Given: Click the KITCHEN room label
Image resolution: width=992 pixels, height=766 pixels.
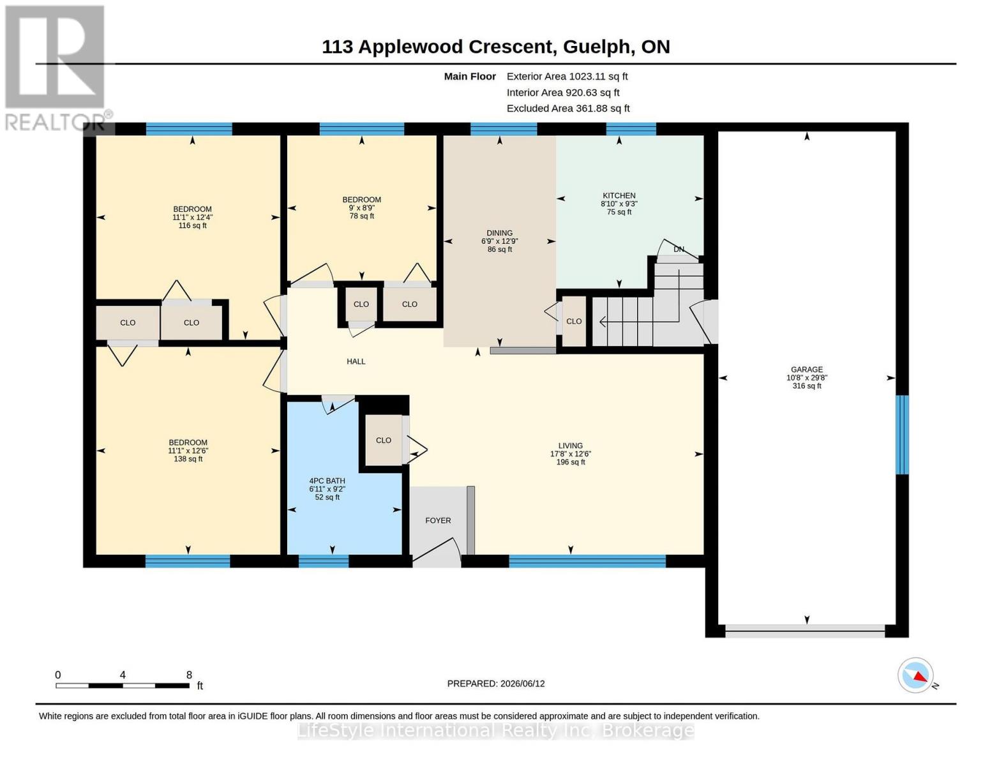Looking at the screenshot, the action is click(x=619, y=195).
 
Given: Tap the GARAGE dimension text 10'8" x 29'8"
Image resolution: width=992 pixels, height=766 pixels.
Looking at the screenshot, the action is click(x=807, y=377).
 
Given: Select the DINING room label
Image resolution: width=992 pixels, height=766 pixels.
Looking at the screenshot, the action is click(x=499, y=233).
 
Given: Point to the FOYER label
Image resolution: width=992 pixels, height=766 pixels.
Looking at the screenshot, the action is click(x=438, y=520).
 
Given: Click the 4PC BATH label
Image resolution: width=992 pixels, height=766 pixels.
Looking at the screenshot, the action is click(x=327, y=481).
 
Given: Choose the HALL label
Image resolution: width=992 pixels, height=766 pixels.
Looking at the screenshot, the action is click(x=356, y=361).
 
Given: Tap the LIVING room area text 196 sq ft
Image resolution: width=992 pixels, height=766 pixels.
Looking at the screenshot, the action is click(x=571, y=462).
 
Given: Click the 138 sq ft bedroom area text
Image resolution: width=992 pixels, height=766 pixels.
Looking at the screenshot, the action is click(x=188, y=459).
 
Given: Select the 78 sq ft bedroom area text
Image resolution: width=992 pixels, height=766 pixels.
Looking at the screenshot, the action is click(x=361, y=216).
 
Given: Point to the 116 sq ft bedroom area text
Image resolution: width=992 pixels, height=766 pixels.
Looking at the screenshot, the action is click(x=192, y=225).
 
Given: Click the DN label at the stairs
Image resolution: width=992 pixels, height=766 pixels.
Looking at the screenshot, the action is click(x=679, y=249).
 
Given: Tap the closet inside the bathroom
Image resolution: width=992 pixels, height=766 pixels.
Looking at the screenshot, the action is click(x=384, y=440).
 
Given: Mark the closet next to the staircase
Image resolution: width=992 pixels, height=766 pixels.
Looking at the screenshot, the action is click(x=574, y=321).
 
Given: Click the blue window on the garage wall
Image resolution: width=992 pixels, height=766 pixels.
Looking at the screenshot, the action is click(x=902, y=435).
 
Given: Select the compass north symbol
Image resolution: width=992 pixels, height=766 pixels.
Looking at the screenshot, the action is click(x=916, y=675).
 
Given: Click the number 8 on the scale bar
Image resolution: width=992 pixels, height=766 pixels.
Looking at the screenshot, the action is click(x=189, y=675).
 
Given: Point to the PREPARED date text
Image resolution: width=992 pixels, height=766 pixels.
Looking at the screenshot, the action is click(x=496, y=684).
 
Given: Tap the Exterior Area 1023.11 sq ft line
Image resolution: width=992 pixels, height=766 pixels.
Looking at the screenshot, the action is click(x=567, y=76).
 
